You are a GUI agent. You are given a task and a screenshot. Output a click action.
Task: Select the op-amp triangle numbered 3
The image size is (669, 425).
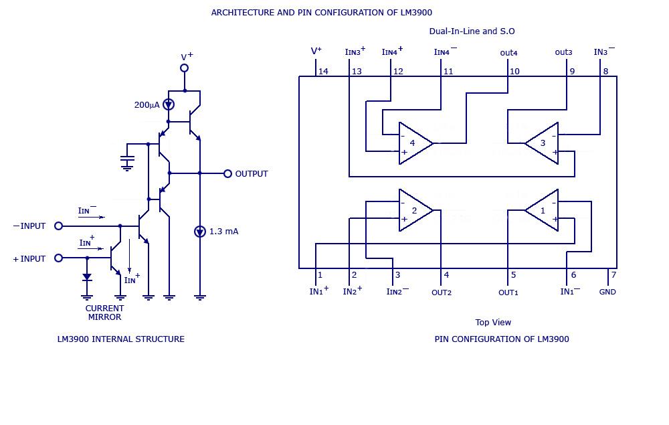544,143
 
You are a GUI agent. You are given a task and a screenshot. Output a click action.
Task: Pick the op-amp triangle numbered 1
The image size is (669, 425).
544,210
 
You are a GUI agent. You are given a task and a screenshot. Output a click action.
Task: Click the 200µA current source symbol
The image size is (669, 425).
169,104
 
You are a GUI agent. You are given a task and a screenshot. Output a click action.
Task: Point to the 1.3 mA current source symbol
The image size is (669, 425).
199,232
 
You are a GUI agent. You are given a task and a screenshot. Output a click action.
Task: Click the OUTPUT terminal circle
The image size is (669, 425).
227,173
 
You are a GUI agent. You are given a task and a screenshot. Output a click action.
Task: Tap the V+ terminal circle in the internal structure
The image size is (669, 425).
185,68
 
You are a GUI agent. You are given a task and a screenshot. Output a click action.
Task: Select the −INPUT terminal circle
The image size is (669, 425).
58,226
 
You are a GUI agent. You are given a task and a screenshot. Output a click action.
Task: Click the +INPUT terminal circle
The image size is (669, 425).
58,258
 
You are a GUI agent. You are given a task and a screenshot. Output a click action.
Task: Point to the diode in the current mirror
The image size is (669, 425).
87,276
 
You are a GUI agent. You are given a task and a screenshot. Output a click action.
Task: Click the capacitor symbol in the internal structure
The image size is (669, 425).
127,160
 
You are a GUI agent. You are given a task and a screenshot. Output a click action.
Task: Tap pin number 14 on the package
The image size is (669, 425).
323,72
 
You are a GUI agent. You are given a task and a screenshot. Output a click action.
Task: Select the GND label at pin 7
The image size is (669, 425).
607,292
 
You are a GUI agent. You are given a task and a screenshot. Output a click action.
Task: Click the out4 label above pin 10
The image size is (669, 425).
508,53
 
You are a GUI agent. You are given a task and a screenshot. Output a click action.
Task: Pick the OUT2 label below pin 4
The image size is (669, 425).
442,292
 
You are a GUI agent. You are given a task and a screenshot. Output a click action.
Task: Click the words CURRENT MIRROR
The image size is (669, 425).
104,313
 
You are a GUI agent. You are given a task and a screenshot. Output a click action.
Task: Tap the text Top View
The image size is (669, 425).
493,323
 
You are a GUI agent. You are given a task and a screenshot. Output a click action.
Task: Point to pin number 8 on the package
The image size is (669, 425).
605,72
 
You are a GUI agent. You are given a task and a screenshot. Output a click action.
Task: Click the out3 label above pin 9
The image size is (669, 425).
563,52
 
